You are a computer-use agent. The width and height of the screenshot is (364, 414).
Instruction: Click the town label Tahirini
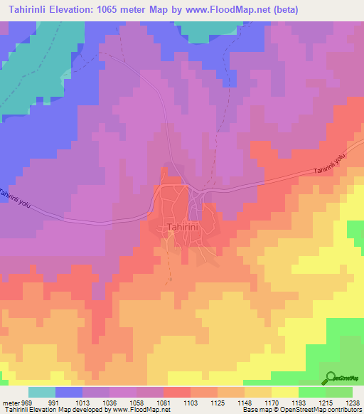pyautogui.click(x=179, y=228)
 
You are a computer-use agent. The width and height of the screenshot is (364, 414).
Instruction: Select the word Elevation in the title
pyautogui.click(x=75, y=9)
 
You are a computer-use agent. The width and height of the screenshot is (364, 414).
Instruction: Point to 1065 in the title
pyautogui.click(x=117, y=9)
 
